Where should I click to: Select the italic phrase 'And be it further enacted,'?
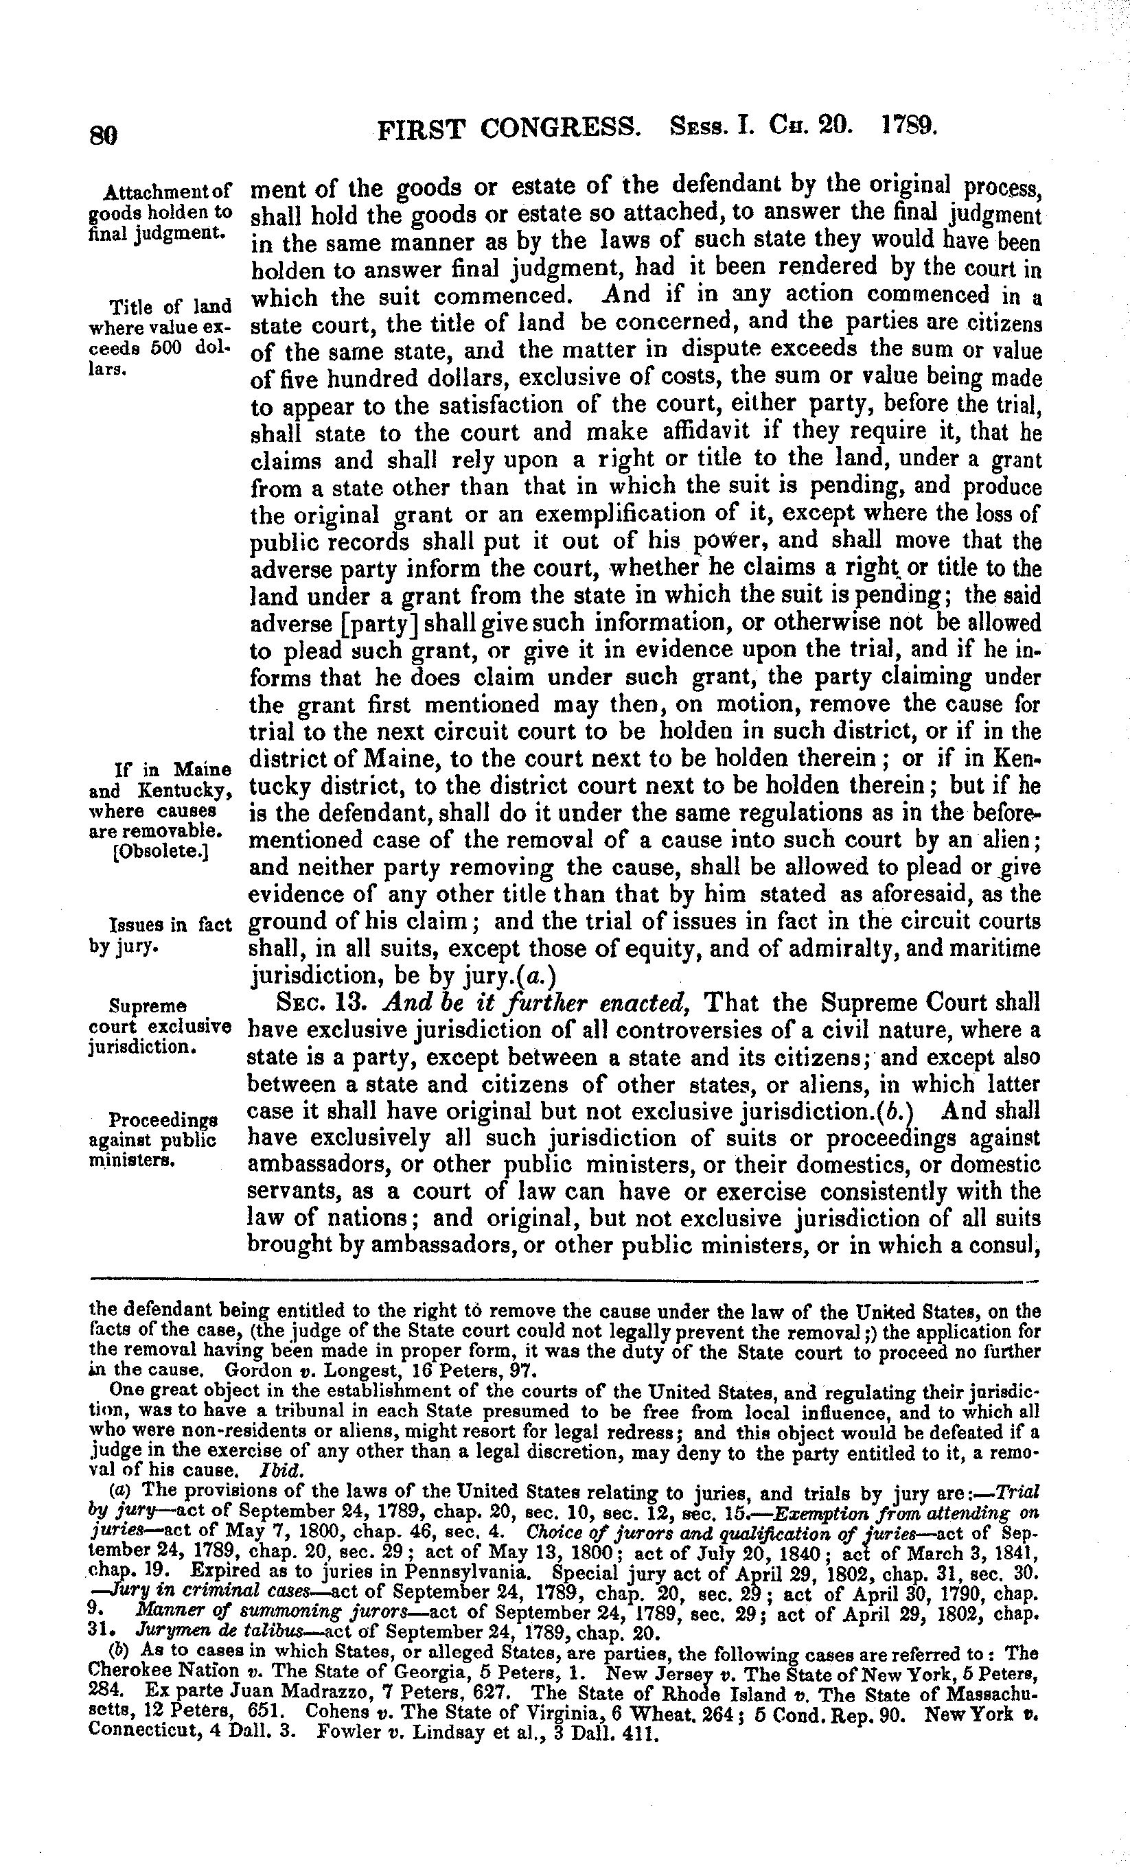click(535, 1004)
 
